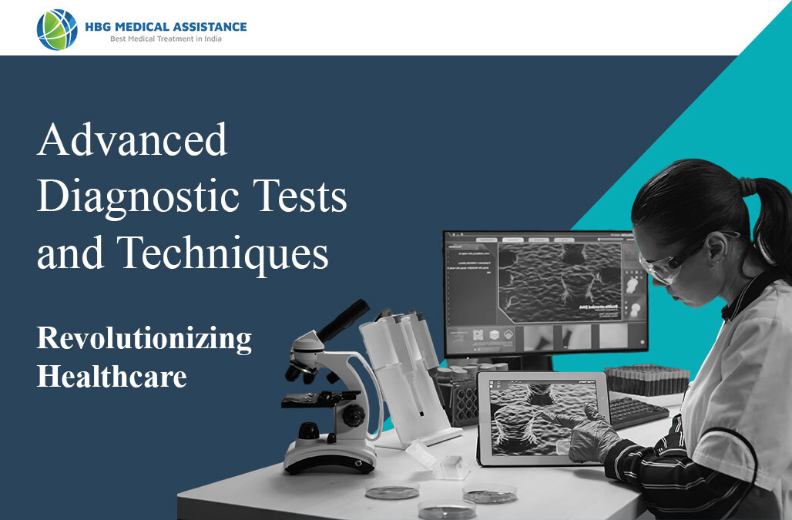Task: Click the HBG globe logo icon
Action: click(56, 29)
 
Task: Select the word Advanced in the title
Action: click(133, 141)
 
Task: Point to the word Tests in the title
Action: click(303, 198)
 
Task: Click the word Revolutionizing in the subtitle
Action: click(144, 339)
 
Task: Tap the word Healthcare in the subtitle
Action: click(112, 377)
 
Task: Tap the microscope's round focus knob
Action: click(354, 416)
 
